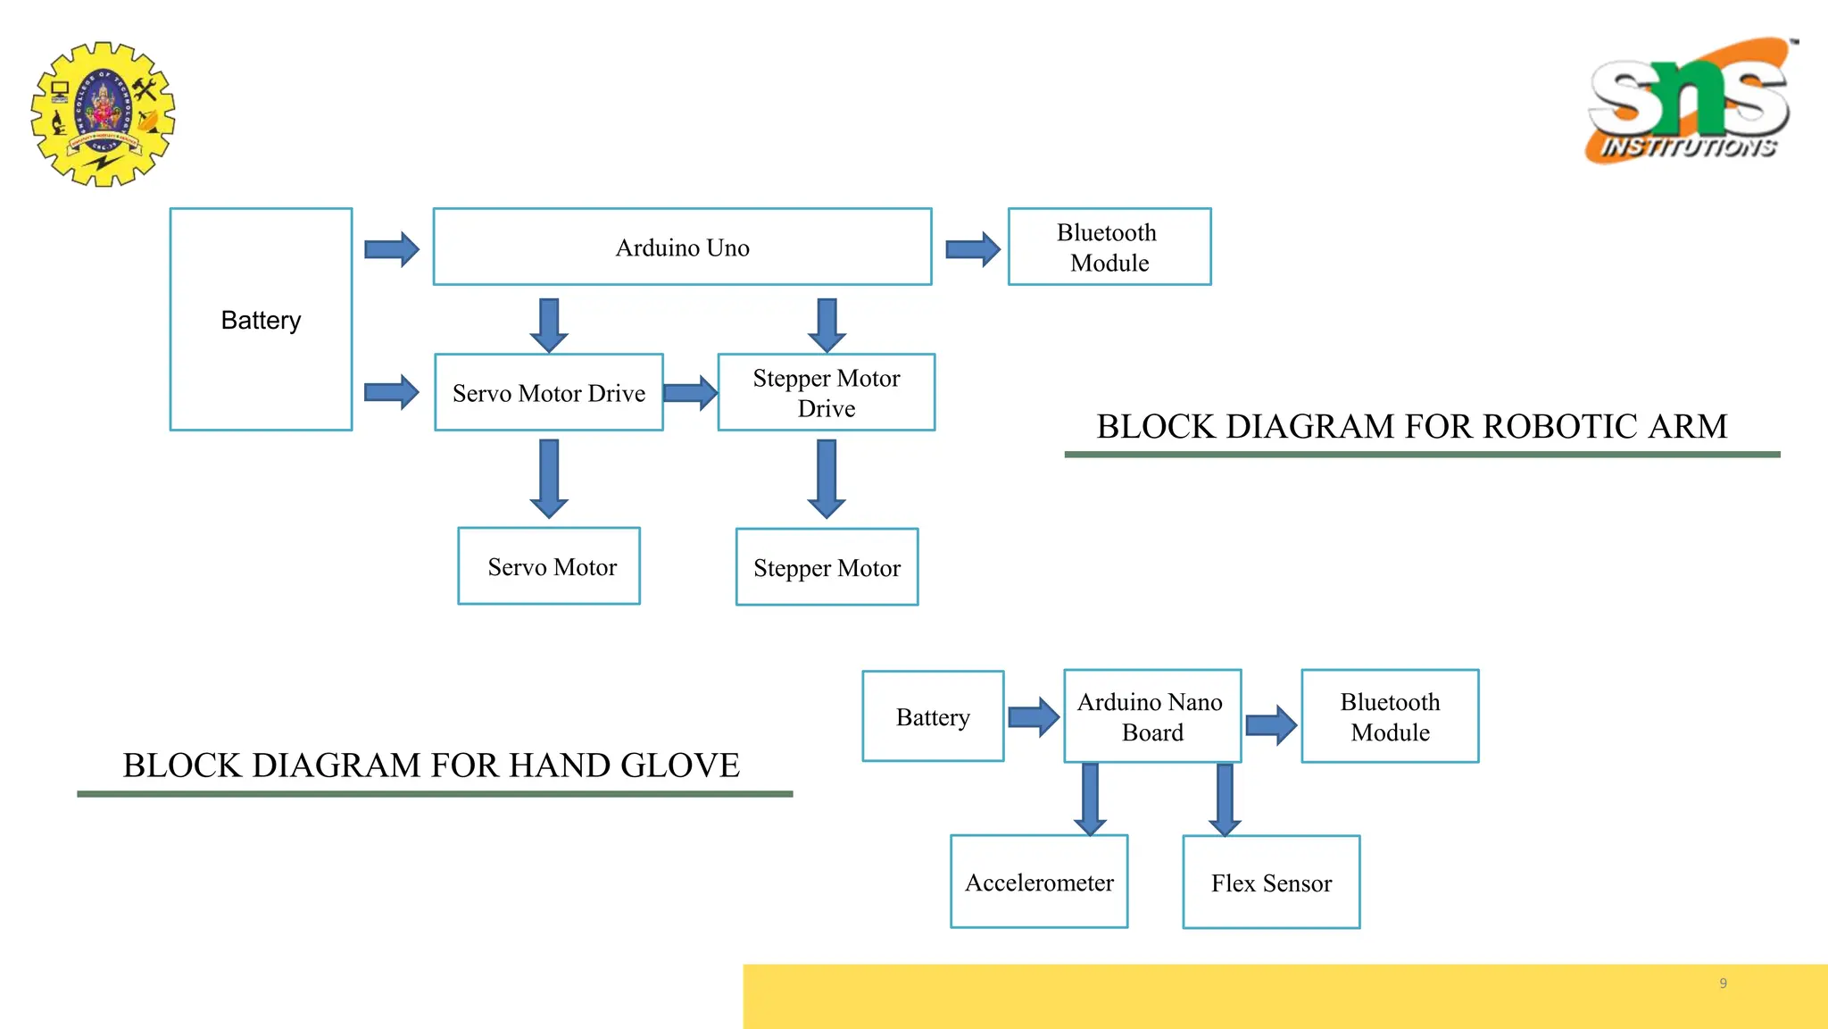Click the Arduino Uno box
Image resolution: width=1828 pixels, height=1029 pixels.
click(x=682, y=247)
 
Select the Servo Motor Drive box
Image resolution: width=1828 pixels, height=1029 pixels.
click(x=548, y=393)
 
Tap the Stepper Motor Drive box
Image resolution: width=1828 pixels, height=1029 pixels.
click(x=826, y=393)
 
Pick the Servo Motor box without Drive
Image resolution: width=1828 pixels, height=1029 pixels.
click(x=549, y=566)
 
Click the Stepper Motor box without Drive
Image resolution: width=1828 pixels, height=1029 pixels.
click(x=827, y=567)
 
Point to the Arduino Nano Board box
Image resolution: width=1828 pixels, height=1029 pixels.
click(x=1151, y=716)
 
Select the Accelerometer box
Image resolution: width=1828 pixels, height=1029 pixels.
click(x=1039, y=882)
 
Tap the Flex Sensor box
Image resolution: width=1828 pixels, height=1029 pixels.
click(x=1270, y=883)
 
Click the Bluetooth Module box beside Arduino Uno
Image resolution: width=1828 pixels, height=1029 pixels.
click(x=1109, y=247)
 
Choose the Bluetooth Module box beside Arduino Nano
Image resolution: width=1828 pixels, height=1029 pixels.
click(x=1389, y=716)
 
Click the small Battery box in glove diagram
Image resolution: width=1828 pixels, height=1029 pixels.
click(x=933, y=716)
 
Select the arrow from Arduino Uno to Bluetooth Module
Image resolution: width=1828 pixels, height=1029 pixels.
click(x=972, y=249)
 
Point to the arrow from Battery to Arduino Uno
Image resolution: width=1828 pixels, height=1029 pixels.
click(x=391, y=249)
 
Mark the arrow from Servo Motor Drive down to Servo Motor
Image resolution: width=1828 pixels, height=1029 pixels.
click(x=549, y=479)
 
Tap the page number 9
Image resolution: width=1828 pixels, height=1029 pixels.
click(x=1723, y=983)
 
